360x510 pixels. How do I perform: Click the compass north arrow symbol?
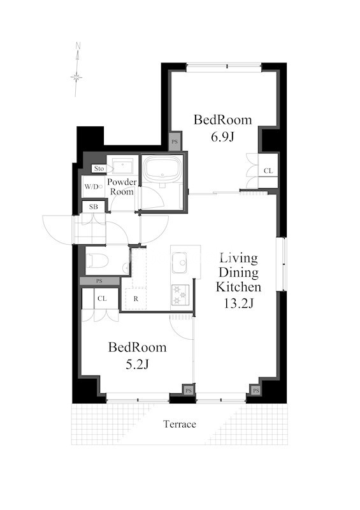click(76, 69)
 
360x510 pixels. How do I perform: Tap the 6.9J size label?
click(223, 137)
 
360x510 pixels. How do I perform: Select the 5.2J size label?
click(137, 365)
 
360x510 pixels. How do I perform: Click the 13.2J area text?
click(238, 303)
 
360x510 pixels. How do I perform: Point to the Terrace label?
click(180, 424)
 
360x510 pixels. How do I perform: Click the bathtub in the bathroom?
click(162, 170)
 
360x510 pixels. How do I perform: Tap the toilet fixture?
click(97, 261)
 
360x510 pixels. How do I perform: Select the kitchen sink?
click(179, 263)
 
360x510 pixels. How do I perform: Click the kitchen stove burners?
click(180, 295)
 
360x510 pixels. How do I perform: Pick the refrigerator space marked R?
click(136, 298)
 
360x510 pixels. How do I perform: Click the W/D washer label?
click(93, 187)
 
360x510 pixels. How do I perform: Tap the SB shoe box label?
click(93, 207)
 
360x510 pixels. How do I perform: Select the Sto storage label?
click(99, 168)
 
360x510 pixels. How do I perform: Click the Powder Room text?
click(122, 187)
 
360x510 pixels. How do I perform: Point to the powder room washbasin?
click(122, 166)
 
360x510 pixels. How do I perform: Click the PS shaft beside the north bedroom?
click(175, 142)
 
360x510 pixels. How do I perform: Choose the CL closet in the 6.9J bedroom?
click(268, 171)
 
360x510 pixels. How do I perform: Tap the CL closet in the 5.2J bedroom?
click(102, 298)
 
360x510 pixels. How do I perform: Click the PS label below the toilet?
click(99, 281)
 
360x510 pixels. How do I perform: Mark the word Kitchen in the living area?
click(238, 287)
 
